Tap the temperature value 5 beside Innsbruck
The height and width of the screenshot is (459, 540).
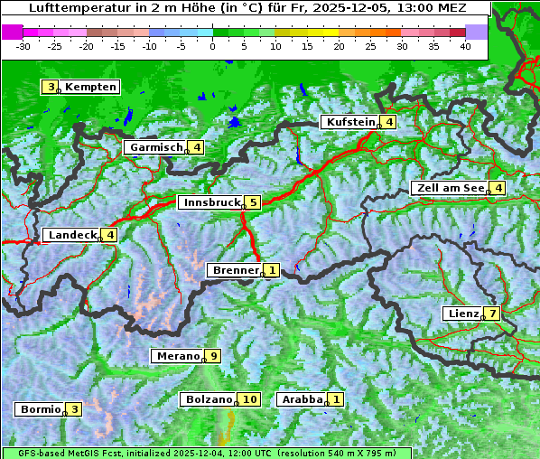pos(254,202)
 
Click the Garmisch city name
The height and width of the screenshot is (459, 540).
pos(156,147)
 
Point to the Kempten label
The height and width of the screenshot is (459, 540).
pos(90,87)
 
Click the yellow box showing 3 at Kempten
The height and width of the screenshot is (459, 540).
pos(51,87)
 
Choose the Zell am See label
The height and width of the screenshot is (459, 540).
pos(448,188)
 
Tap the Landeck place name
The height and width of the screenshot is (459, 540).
pos(71,235)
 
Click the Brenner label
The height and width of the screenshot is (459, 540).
pos(235,270)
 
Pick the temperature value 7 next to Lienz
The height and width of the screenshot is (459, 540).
pos(491,314)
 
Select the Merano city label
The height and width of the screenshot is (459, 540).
pos(177,356)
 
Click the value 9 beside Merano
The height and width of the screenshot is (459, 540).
pos(213,356)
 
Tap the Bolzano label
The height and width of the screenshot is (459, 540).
pos(209,399)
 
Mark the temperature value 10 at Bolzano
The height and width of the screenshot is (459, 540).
pos(250,399)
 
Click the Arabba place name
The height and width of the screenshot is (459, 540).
pos(303,399)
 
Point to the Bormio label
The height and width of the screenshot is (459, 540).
pos(40,409)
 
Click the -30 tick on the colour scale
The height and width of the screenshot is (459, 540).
pos(23,45)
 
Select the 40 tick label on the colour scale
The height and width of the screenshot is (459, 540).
pos(465,45)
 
